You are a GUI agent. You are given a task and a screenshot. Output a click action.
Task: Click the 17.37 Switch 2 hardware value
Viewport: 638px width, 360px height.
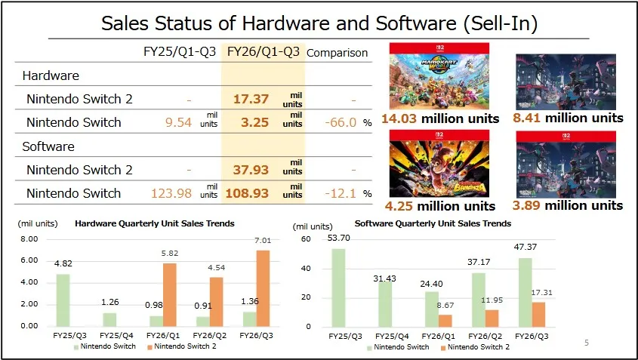(251, 99)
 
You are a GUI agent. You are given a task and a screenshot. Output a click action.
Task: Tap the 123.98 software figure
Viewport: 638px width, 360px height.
(172, 193)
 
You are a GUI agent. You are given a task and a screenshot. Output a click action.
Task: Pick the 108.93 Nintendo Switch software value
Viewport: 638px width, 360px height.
(248, 193)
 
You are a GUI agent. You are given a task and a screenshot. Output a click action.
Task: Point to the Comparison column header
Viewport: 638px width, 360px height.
(337, 53)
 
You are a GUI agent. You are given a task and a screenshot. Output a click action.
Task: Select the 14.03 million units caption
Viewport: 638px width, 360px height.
(440, 118)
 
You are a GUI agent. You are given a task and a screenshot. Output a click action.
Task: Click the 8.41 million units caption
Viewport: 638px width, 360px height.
(569, 118)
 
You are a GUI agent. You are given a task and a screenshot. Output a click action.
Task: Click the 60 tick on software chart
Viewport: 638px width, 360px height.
(306, 238)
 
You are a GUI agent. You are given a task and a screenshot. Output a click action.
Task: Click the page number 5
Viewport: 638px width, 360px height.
(586, 343)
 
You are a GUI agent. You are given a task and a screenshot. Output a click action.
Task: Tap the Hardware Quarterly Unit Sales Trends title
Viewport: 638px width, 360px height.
(154, 223)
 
